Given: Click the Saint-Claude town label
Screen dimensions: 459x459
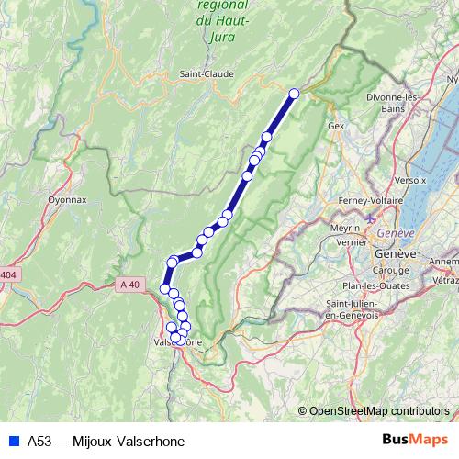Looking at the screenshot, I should pyautogui.click(x=207, y=73).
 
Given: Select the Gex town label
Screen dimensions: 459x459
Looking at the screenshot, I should pyautogui.click(x=335, y=125).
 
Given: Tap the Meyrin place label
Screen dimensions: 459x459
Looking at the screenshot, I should pyautogui.click(x=345, y=227).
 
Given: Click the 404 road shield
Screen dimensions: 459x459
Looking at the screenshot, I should pyautogui.click(x=8, y=274).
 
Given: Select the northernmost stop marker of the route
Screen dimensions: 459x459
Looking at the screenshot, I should pyautogui.click(x=295, y=94).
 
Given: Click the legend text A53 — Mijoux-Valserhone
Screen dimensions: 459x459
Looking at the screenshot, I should pyautogui.click(x=106, y=441).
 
